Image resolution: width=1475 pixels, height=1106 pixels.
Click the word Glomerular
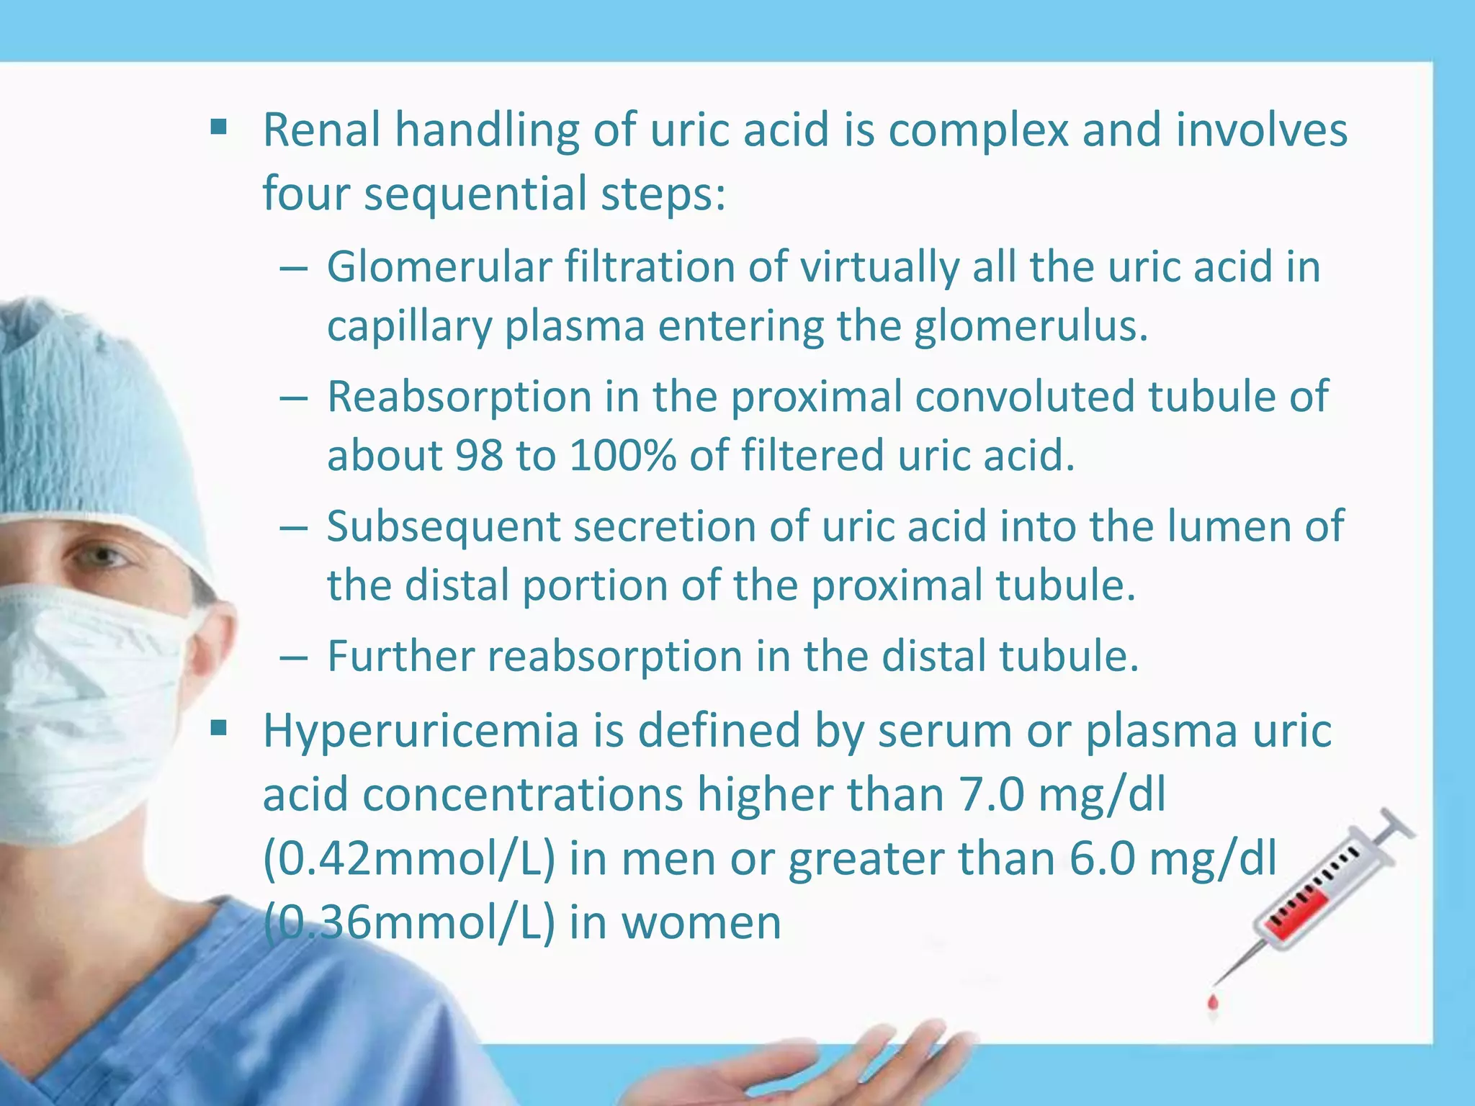point(439,266)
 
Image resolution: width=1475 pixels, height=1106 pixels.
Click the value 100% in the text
point(622,456)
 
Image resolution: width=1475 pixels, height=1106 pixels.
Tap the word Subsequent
point(443,526)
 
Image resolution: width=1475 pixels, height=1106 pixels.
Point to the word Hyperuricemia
point(421,730)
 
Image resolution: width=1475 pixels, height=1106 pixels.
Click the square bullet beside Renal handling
point(218,130)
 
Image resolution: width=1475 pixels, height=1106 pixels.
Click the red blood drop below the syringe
point(1214,1002)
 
